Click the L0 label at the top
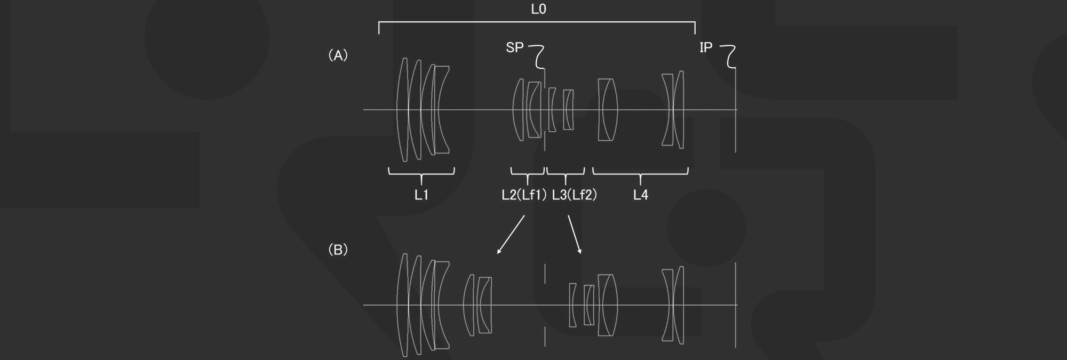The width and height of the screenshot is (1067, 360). [538, 9]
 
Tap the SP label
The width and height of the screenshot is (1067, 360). [514, 47]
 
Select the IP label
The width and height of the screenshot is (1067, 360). [706, 47]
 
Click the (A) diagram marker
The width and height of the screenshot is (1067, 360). [338, 55]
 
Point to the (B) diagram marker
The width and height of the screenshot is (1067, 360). [338, 250]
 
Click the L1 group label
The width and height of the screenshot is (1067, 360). [421, 195]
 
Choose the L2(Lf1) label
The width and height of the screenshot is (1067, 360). [524, 195]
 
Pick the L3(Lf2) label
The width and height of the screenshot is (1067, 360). [575, 195]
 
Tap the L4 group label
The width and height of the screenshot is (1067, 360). [640, 195]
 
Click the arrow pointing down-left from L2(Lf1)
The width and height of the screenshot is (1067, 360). [511, 235]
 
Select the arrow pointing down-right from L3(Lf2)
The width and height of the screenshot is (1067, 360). [575, 235]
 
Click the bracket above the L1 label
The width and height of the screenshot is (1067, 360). [421, 174]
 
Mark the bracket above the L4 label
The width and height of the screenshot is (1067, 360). [640, 174]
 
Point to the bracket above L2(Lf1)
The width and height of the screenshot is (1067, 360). [527, 174]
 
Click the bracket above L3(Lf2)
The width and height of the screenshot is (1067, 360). [566, 174]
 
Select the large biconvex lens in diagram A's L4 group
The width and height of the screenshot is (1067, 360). [608, 110]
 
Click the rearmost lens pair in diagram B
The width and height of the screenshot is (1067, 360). [673, 305]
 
